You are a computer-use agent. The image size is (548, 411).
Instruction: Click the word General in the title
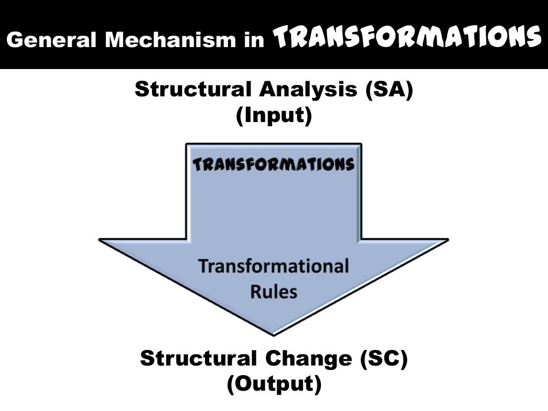pos(50,41)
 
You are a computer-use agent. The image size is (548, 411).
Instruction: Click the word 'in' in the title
pos(254,41)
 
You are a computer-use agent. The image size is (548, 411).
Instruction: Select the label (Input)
pos(273,116)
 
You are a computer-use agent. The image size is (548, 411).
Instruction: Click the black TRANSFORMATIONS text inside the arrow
pos(273,164)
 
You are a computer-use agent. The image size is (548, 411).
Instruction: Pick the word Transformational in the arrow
pos(273,267)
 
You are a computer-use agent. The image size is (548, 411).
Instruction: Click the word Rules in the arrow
pos(273,292)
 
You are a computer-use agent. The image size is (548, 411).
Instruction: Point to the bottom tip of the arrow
pos(273,335)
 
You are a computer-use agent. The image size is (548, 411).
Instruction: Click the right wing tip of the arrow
pos(447,240)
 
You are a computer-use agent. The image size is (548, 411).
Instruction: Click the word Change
pos(309,358)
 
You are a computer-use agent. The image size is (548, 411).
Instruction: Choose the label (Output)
pos(273,384)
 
